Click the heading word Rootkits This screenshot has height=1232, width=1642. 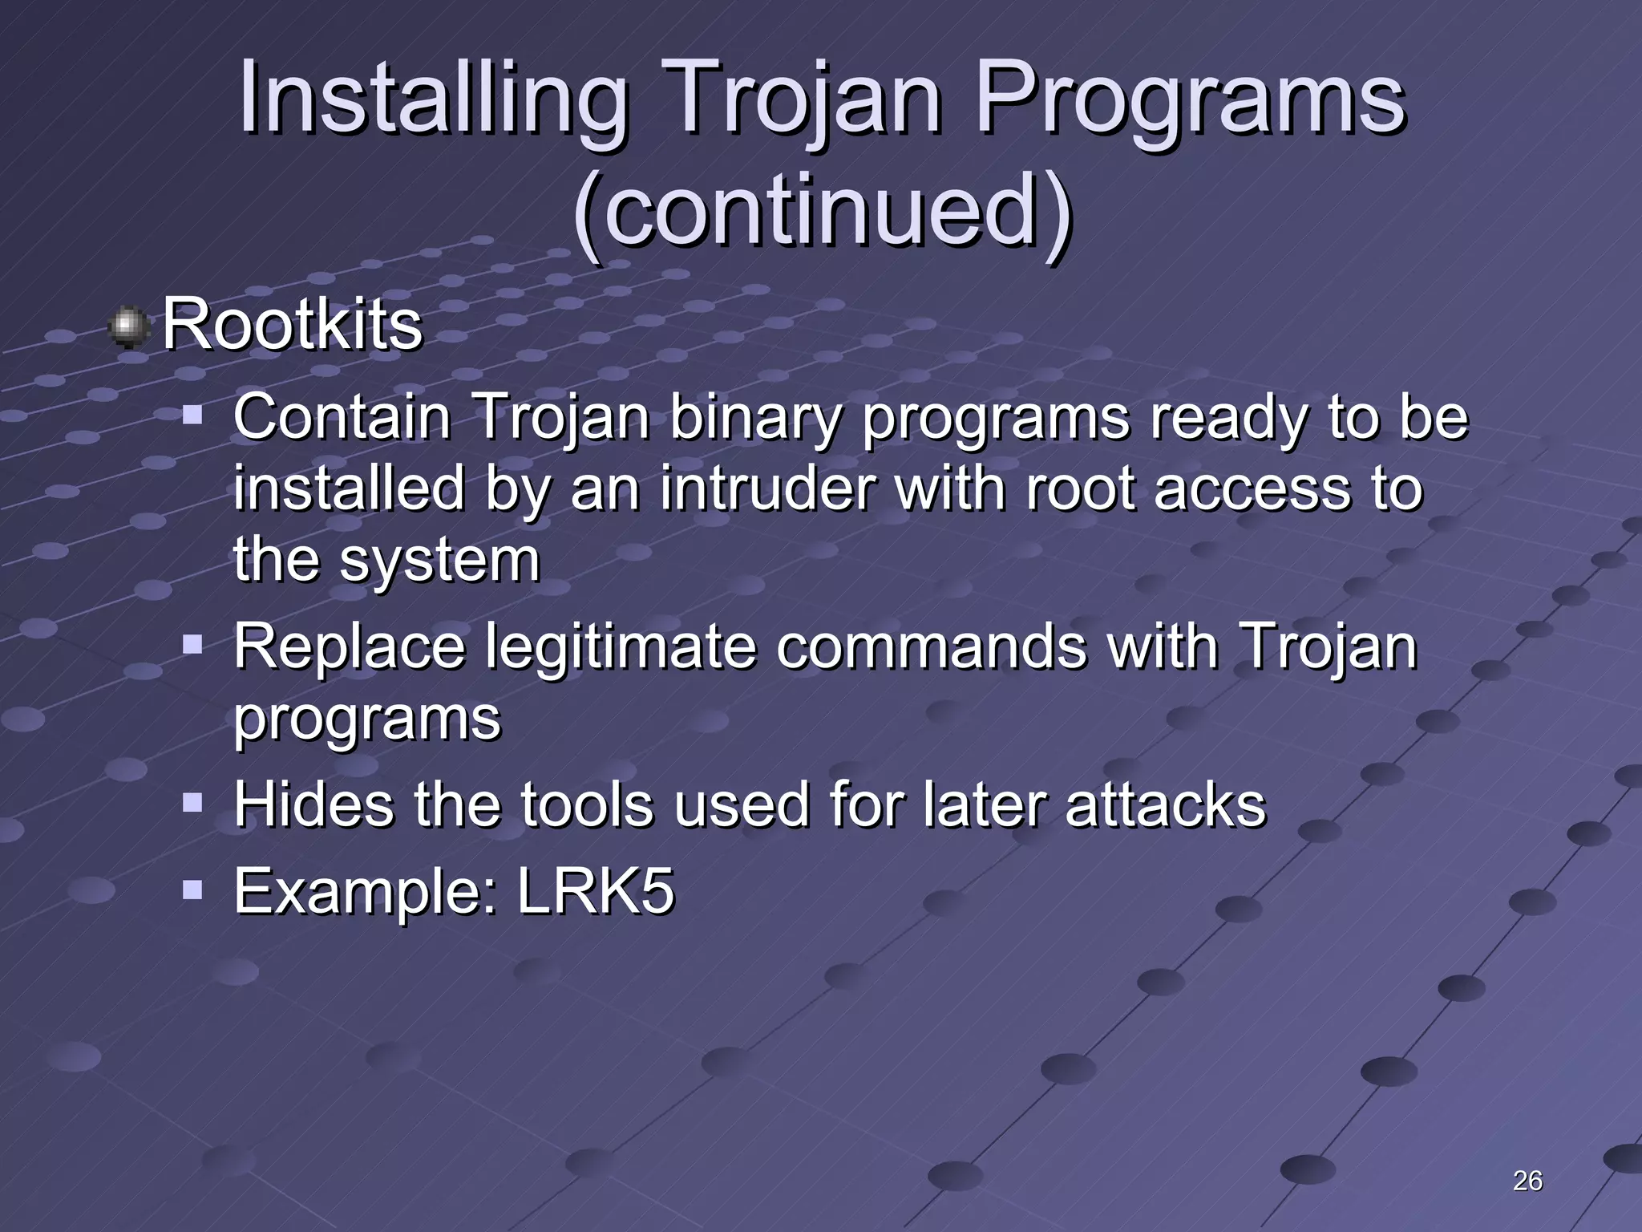293,325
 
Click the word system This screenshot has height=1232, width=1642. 440,561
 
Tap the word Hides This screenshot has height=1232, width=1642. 313,804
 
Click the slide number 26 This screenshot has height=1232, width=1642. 1527,1181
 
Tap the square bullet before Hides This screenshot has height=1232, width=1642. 192,802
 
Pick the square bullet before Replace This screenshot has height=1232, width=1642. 192,644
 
